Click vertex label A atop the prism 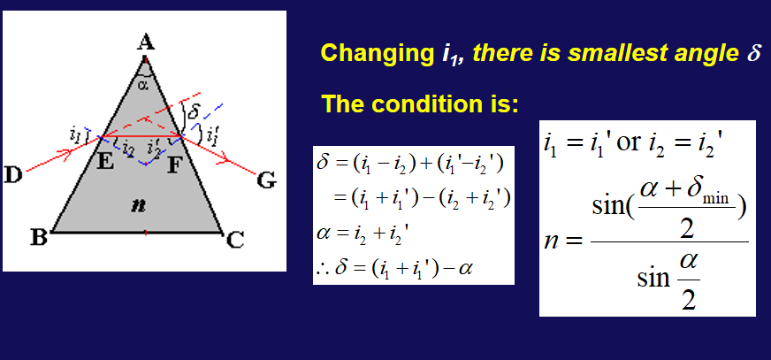point(145,43)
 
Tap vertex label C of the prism point(234,241)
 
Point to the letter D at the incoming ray point(14,174)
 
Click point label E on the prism point(105,161)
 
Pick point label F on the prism point(174,165)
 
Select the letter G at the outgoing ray point(267,180)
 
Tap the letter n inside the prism point(139,205)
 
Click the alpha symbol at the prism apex point(142,86)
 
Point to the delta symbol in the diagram point(194,112)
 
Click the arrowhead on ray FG point(225,159)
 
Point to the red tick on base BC point(146,232)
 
